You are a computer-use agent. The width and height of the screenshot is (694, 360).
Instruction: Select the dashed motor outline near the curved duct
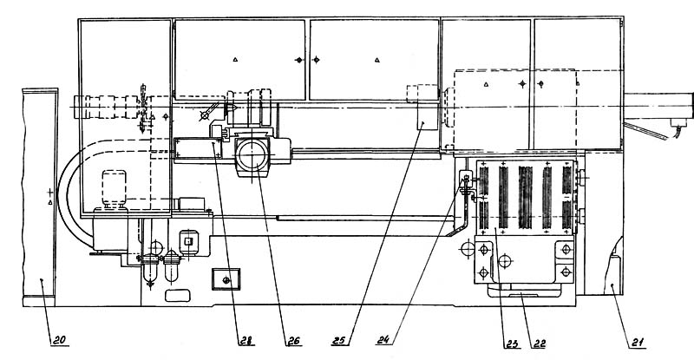[x=115, y=188]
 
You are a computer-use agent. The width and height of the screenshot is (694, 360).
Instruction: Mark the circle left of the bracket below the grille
[x=468, y=250]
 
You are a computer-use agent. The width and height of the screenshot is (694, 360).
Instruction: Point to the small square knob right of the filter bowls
[x=187, y=241]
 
